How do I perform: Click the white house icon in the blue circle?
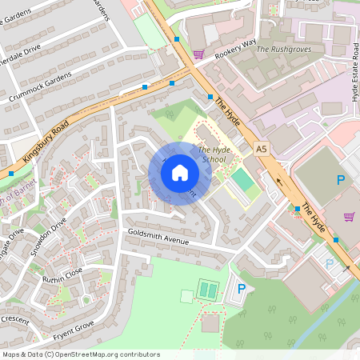point(180,173)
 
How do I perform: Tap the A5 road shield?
point(262,149)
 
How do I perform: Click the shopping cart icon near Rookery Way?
point(198,54)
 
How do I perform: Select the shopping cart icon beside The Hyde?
point(349,216)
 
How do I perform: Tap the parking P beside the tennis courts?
point(241,290)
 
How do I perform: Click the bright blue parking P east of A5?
point(341,181)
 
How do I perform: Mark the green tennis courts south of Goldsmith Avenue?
point(208,290)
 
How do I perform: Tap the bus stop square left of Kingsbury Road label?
point(11,173)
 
